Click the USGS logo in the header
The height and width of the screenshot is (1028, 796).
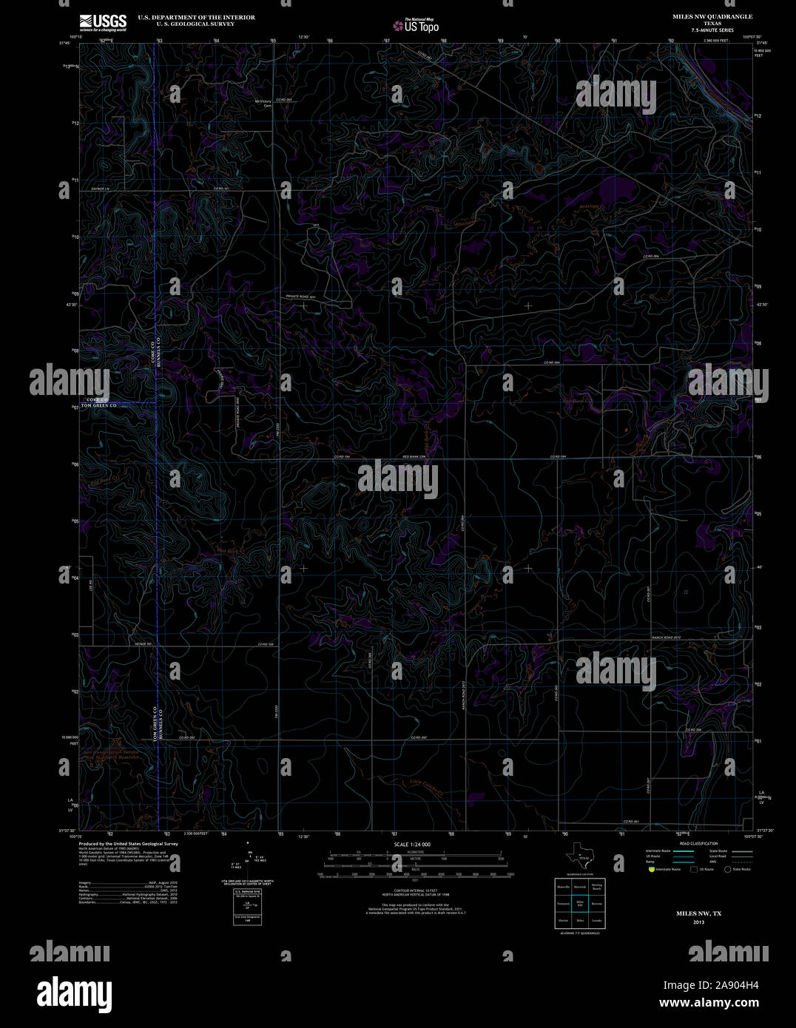[x=103, y=21]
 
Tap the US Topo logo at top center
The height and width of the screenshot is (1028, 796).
[x=416, y=25]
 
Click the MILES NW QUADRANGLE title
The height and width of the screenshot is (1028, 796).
[x=712, y=16]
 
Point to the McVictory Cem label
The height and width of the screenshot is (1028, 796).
[x=263, y=104]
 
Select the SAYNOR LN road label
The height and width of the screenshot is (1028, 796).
[x=99, y=189]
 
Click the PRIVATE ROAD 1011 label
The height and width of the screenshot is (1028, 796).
[x=301, y=296]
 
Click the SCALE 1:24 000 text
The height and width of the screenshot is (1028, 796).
[x=412, y=844]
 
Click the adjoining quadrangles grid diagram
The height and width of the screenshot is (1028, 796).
[x=579, y=903]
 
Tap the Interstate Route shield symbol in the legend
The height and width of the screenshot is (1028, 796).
[x=651, y=870]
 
